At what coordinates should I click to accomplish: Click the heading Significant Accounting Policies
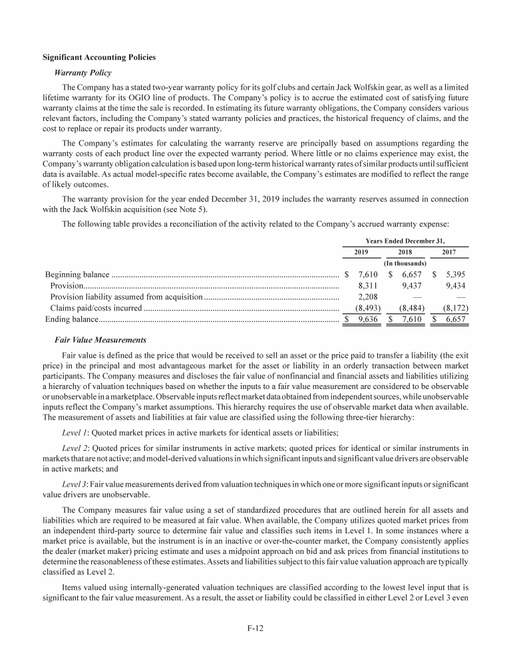pos(99,58)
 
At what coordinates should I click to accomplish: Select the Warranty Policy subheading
pos(86,72)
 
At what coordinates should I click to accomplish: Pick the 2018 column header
pos(405,252)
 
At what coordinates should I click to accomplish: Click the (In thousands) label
pos(405,263)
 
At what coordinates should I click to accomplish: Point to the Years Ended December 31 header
pos(405,240)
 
